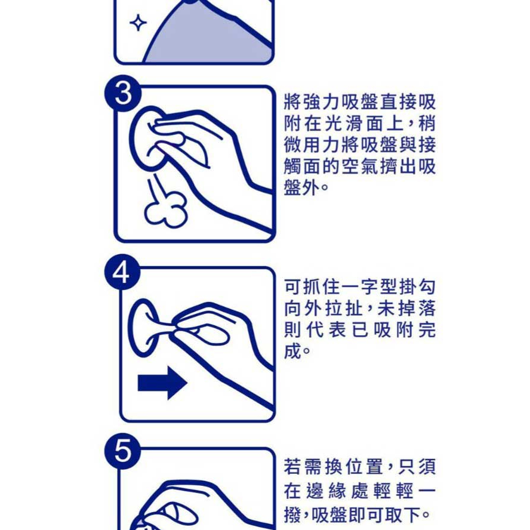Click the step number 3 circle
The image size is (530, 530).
pos(123,93)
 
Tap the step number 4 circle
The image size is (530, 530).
pos(122,272)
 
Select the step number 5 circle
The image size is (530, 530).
pos(122,451)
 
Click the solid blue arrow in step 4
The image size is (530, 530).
pos(162,383)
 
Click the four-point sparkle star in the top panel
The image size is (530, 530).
pos(138,23)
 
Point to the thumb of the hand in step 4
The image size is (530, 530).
pos(211,334)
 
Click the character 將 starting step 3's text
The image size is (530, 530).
pos(292,101)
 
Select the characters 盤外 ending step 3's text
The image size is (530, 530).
pos(301,187)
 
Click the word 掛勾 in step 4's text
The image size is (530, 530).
pos(417,287)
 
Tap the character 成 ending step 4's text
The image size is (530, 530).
pos(292,351)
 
